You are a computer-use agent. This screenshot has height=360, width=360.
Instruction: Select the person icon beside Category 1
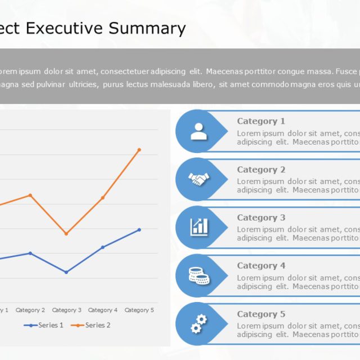[x=199, y=131]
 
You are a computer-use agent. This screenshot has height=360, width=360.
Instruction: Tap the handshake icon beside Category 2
[x=199, y=179]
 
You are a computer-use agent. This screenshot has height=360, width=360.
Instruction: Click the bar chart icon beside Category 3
[x=199, y=227]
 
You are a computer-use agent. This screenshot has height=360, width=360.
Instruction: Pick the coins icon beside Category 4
[x=199, y=276]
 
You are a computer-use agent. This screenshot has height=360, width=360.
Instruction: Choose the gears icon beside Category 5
[x=199, y=323]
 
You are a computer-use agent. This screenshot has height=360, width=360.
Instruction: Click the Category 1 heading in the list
[x=261, y=121]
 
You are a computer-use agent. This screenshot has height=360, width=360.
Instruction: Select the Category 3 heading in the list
[x=261, y=218]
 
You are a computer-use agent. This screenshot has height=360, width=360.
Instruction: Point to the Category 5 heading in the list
[x=261, y=314]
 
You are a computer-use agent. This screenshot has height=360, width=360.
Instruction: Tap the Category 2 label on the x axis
[x=30, y=310]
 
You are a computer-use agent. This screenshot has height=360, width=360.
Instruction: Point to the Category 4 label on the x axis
[x=103, y=310]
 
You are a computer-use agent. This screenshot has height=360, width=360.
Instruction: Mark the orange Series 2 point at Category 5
[x=139, y=150]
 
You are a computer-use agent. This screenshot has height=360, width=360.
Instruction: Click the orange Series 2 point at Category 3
[x=66, y=233]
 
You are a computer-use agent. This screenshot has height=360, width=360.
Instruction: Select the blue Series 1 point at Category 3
[x=66, y=272]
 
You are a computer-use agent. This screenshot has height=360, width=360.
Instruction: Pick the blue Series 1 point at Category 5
[x=139, y=229]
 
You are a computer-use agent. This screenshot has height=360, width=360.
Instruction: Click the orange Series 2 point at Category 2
[x=30, y=195]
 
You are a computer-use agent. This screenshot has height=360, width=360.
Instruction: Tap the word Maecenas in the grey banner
[x=225, y=71]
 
